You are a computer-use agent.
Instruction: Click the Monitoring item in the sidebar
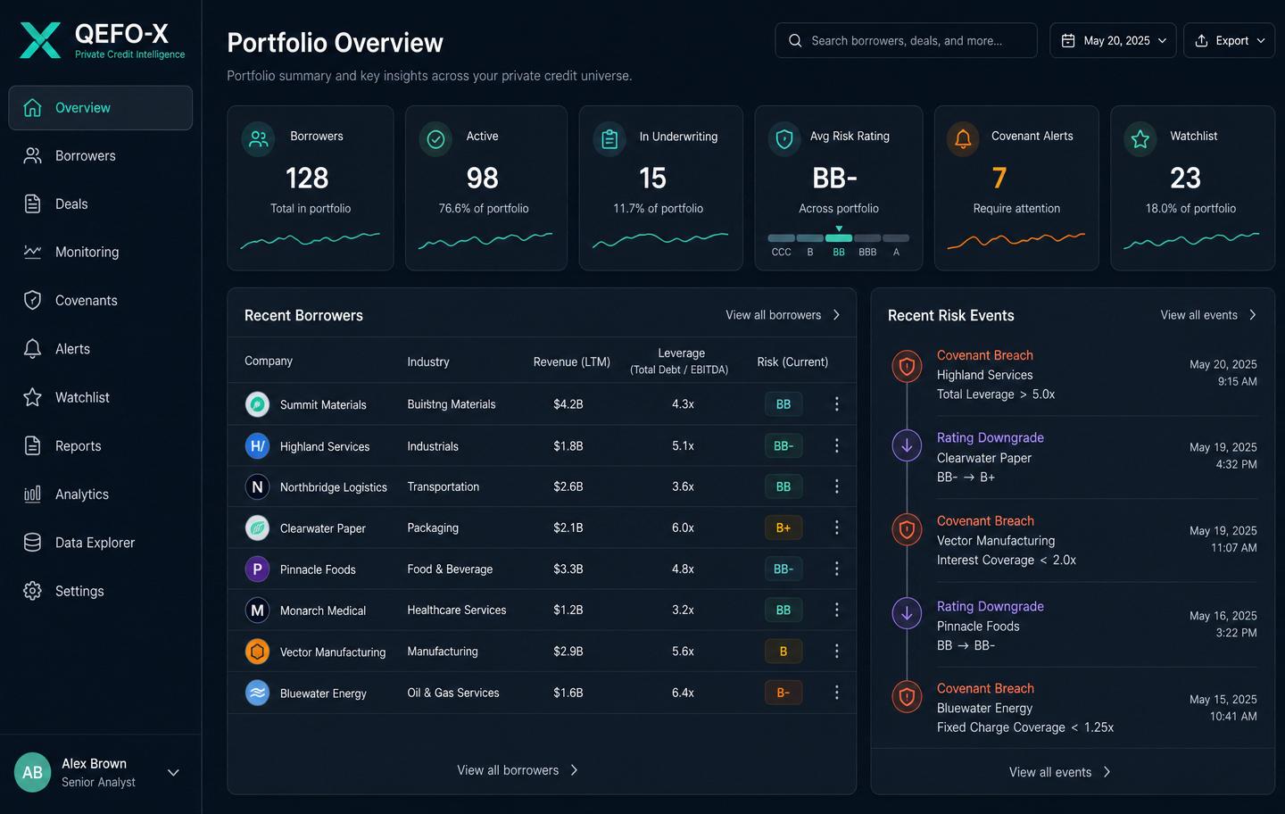coord(71,252)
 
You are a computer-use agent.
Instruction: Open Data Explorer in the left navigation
coord(79,543)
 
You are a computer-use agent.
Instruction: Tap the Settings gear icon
coord(32,591)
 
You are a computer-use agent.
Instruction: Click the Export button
coord(1229,41)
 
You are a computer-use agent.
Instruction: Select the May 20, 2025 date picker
coord(1113,41)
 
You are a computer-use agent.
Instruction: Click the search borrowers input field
coord(906,41)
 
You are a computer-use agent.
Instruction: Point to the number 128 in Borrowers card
coord(307,178)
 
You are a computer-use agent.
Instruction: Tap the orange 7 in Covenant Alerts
coord(999,178)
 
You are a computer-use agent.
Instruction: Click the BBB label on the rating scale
coord(867,252)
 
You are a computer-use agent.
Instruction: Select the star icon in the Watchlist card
coord(1140,139)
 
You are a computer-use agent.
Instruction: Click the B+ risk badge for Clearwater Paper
coord(783,527)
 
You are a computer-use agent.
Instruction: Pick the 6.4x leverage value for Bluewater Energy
coord(683,693)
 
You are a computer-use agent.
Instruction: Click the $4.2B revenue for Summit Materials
coord(568,404)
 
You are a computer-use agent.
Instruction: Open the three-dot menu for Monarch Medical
coord(836,610)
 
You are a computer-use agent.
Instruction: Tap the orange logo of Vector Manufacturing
coord(257,652)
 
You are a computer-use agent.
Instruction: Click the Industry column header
coord(428,362)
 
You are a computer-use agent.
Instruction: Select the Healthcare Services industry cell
coord(457,610)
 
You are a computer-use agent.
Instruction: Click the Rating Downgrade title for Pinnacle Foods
coord(991,606)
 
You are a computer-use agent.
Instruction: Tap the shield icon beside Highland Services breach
coord(907,366)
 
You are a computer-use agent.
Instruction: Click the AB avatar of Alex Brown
coord(32,772)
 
